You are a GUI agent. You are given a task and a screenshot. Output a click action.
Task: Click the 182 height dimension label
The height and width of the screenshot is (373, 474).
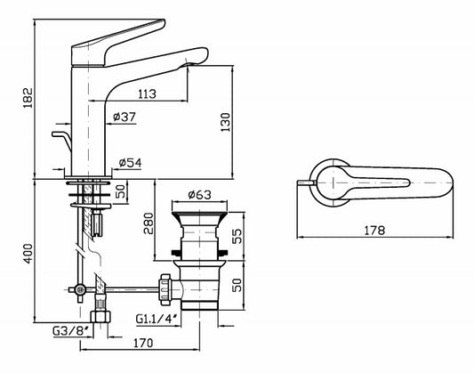click(x=28, y=98)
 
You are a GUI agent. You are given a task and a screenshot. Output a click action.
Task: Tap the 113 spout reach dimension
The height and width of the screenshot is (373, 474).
click(x=148, y=94)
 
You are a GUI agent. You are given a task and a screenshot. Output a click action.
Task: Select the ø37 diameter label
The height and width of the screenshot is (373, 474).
click(x=125, y=117)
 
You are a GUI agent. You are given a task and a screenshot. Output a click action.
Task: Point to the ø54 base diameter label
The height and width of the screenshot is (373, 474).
click(x=130, y=163)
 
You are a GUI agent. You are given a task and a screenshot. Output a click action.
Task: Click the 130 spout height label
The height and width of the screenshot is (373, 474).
click(x=225, y=122)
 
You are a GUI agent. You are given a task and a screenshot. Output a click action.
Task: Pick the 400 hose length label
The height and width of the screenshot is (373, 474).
click(x=28, y=254)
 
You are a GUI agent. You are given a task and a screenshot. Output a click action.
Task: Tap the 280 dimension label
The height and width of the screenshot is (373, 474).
click(x=149, y=223)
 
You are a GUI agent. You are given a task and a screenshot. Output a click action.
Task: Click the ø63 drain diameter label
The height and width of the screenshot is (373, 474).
click(x=199, y=195)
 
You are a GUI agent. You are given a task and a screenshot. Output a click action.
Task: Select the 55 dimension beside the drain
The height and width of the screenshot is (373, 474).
click(x=237, y=236)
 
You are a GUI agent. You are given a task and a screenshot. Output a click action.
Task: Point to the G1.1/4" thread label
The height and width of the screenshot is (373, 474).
click(x=157, y=319)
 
